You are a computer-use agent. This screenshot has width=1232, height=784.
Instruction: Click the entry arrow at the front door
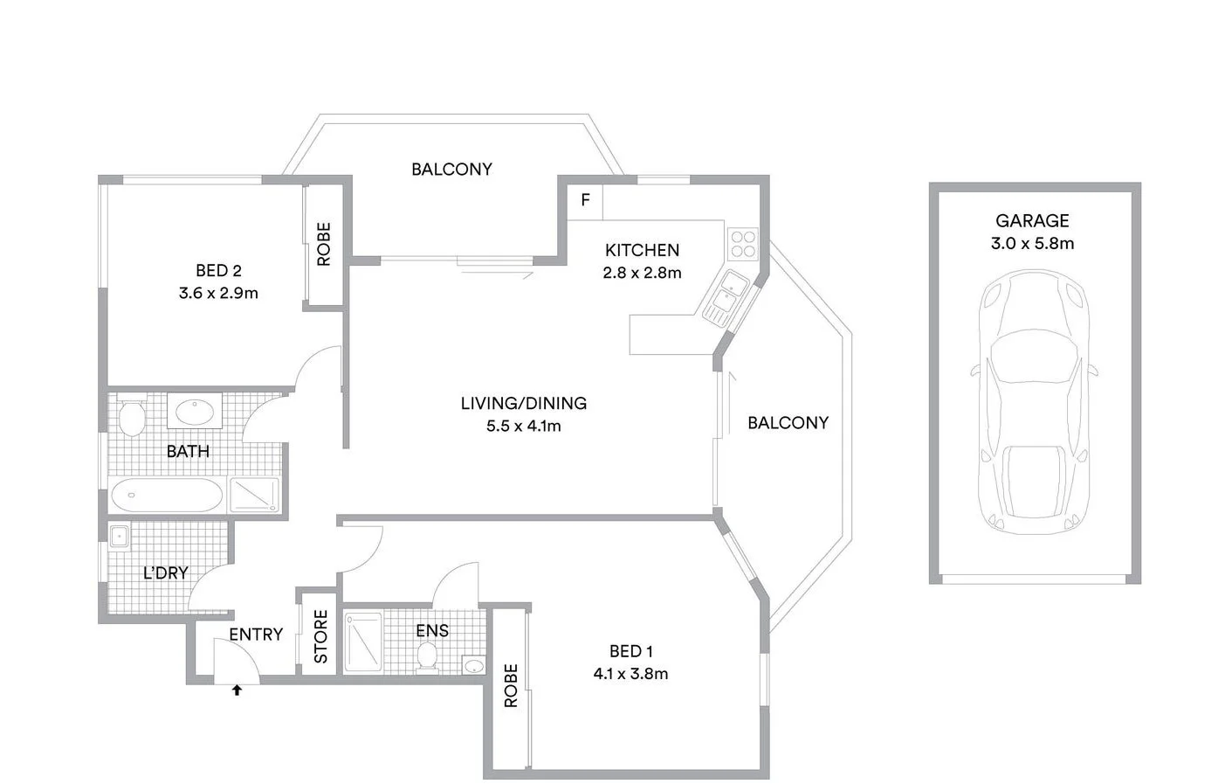coord(237,690)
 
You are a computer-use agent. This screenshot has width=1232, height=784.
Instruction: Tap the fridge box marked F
coord(585,200)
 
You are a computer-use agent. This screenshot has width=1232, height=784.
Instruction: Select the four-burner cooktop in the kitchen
coord(743,244)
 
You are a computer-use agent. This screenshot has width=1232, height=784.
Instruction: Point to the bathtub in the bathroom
coord(167,496)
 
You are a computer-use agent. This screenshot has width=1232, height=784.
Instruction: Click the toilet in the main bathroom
coord(131,419)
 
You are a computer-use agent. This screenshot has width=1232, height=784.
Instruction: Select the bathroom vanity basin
coord(194,411)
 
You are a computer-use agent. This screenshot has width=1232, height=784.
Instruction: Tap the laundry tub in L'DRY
coord(119,536)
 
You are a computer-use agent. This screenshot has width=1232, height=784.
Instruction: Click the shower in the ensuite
coord(363,642)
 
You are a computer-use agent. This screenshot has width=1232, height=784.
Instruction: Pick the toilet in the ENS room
coord(428,657)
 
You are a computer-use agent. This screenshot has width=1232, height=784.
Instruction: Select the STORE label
coord(320,636)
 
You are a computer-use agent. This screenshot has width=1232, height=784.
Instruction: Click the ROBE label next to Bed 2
coord(324,244)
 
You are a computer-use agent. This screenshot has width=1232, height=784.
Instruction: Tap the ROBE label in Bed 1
coord(511,685)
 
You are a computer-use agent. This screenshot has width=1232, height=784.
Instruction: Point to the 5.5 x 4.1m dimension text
coord(524,427)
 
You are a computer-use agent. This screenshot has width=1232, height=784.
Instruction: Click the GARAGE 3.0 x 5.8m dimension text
coord(1032,244)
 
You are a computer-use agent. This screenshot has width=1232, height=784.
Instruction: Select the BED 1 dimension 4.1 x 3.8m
coord(630,674)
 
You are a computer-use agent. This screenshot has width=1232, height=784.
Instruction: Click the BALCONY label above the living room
coord(451,170)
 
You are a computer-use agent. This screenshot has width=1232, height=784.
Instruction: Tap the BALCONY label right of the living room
coord(788,423)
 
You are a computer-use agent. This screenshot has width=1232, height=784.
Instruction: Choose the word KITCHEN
coord(642,250)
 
